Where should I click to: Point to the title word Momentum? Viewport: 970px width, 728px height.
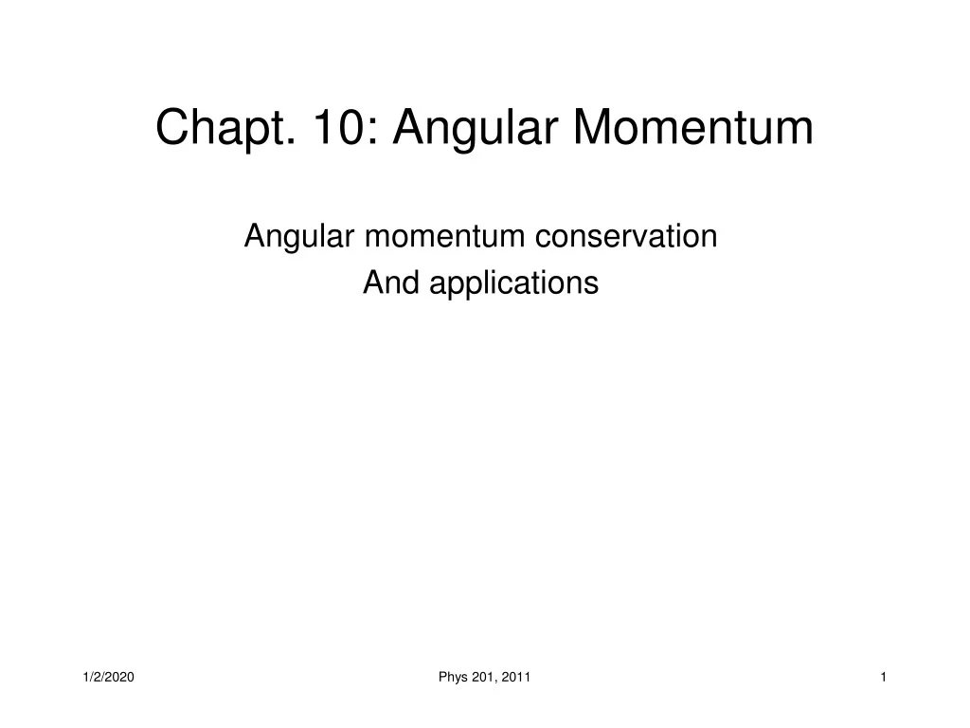coord(692,128)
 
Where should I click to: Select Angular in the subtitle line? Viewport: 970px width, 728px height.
coord(299,237)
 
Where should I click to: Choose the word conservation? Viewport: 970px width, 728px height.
coord(626,237)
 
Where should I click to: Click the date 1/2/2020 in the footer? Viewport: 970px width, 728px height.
coord(108,676)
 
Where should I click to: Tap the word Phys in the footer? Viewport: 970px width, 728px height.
coord(451,676)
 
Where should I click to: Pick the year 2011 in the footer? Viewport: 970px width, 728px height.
coord(516,676)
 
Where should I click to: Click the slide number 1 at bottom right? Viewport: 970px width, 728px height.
coord(883,676)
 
